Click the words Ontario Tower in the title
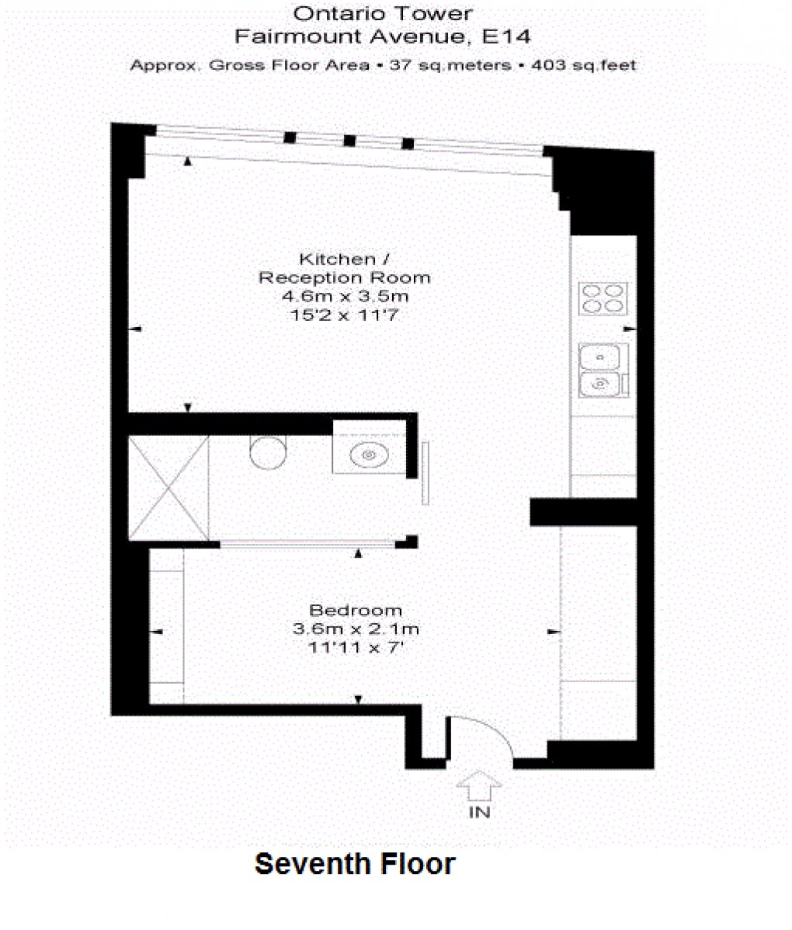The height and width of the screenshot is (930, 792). coord(382,13)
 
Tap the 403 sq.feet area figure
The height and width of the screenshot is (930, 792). coord(583,65)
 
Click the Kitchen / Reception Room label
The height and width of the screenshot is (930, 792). coord(344,268)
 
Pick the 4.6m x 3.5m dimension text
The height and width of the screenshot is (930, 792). coord(345,297)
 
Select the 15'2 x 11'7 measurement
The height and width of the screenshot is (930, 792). coord(345,315)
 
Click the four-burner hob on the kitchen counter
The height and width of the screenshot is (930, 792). coord(603,298)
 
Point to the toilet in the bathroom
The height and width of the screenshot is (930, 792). coord(268,451)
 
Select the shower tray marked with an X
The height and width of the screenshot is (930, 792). coord(168,487)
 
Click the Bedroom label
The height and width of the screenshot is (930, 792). coord(356,610)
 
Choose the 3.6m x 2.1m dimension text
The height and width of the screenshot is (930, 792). coord(356,629)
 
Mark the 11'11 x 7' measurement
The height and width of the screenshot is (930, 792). coord(356,646)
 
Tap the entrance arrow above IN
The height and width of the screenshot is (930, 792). coord(478,785)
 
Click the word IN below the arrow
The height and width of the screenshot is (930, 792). coord(479,813)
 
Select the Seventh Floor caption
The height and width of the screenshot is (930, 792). coord(355,864)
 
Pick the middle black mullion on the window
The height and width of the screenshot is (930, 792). coord(349,141)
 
